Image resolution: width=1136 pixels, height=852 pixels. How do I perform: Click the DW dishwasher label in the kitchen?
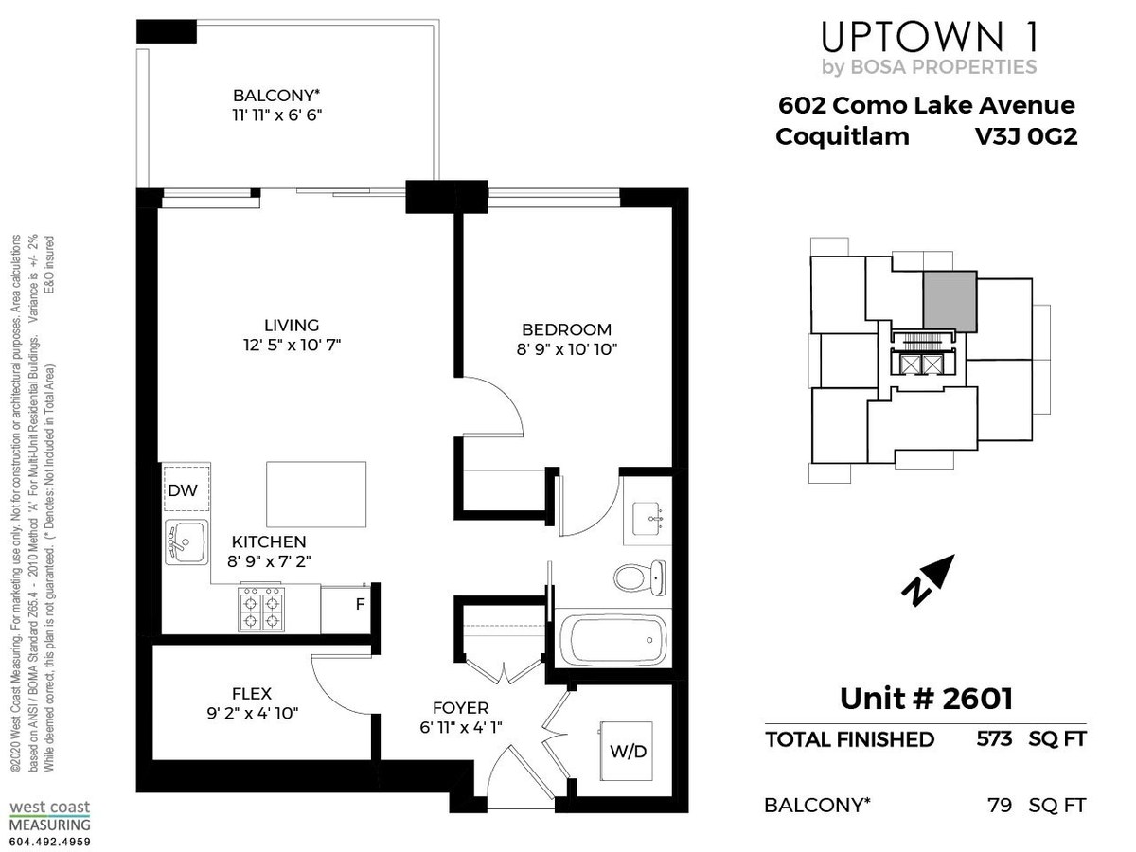tap(183, 490)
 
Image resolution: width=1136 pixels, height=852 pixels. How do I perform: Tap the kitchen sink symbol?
tap(186, 541)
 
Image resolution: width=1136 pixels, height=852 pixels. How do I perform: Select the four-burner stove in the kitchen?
tap(261, 610)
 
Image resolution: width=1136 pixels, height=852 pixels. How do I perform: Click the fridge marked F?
tap(346, 610)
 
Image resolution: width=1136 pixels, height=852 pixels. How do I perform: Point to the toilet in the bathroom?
tap(640, 577)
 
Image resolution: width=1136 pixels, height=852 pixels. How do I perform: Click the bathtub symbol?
tap(613, 640)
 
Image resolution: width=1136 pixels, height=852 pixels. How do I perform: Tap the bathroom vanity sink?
tap(648, 520)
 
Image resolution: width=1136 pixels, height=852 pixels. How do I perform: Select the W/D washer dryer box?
tap(627, 752)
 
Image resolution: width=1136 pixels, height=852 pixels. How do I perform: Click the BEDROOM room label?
tap(566, 329)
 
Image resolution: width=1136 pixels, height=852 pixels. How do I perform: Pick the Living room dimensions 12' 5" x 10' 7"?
tap(292, 345)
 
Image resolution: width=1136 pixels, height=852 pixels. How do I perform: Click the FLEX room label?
tap(252, 694)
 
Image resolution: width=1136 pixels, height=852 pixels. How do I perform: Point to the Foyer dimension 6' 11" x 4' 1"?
tap(461, 728)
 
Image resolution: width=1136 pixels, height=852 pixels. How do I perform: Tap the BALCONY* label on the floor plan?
tap(276, 96)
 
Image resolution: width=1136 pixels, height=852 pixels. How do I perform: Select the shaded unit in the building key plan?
tap(950, 301)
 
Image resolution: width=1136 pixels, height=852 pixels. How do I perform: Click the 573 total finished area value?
tap(994, 738)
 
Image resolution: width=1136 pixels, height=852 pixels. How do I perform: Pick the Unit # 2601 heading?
tap(926, 699)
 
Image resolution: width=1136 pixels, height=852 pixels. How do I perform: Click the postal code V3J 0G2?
tap(1026, 136)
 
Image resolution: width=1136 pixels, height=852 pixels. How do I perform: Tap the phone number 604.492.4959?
tap(50, 842)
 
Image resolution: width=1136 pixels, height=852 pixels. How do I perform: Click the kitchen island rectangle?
tap(316, 494)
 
